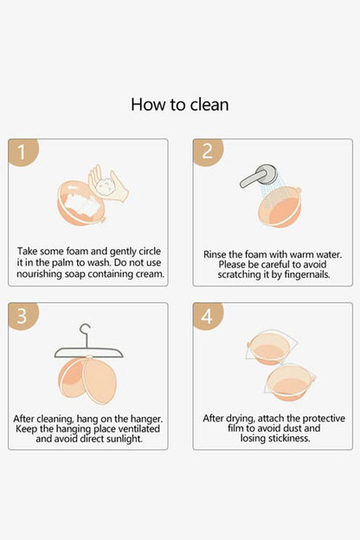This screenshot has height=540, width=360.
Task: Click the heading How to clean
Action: click(179, 105)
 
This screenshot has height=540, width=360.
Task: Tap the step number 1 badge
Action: click(22, 152)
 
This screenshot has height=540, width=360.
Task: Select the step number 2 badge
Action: click(208, 152)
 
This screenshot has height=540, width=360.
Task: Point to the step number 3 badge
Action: click(22, 316)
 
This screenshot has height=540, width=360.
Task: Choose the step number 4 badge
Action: click(208, 316)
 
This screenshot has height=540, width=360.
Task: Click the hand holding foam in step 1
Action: click(108, 184)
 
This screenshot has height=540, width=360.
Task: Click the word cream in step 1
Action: click(150, 274)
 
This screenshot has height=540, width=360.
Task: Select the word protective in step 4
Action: click(324, 418)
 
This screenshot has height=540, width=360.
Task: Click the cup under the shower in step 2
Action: click(280, 207)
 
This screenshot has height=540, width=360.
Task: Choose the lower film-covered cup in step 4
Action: click(290, 383)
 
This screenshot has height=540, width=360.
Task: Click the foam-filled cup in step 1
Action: click(81, 203)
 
